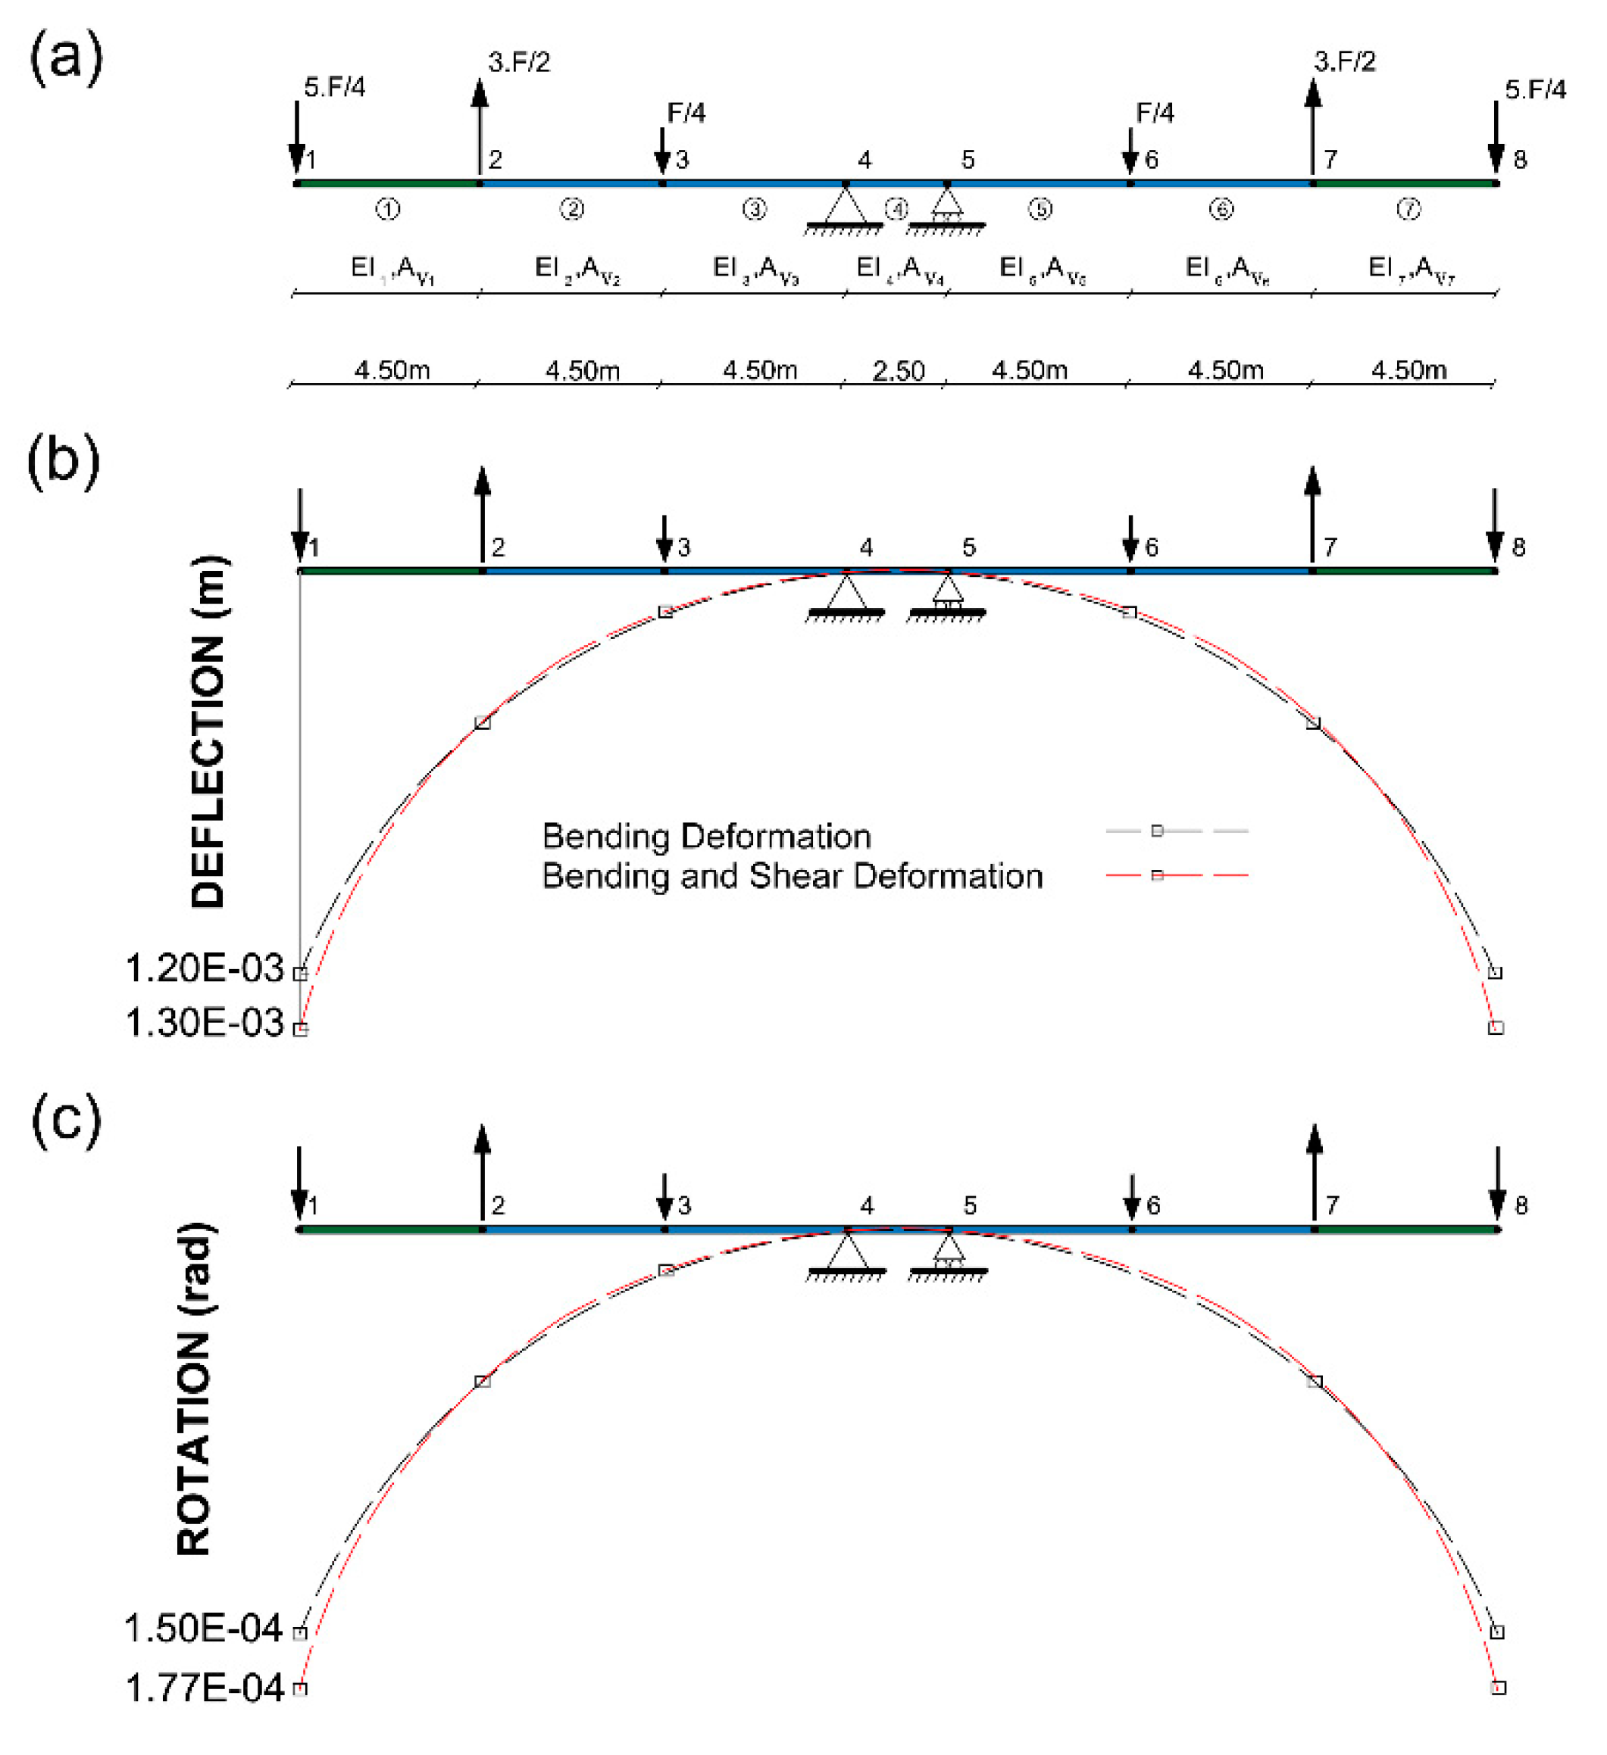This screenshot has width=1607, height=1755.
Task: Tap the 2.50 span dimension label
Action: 898,371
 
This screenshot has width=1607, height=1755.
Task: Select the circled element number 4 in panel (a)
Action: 896,209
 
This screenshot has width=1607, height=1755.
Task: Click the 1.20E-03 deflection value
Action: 205,969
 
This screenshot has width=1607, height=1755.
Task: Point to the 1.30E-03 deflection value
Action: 205,1024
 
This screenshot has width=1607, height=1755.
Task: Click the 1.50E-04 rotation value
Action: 204,1629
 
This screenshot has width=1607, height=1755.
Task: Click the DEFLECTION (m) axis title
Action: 208,732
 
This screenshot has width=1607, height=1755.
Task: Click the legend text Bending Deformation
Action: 706,836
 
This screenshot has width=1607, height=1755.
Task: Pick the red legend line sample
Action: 1177,875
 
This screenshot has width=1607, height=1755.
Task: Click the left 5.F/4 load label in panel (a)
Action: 333,87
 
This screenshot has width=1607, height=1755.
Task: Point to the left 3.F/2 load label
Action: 519,62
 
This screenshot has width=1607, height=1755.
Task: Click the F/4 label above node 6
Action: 1155,113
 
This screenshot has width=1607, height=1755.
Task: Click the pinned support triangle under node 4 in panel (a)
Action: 845,207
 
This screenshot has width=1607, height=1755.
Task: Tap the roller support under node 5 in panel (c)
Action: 949,1251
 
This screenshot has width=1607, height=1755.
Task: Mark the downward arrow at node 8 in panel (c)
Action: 1496,1182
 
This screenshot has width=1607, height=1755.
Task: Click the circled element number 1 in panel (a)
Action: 388,209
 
